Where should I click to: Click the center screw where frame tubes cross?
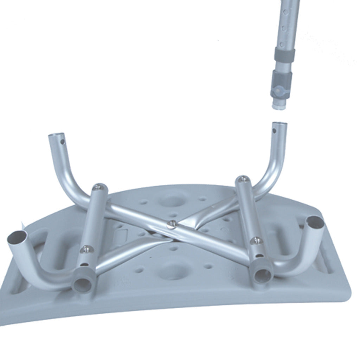[x=172, y=224]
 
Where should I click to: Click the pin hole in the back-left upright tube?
[x=63, y=143]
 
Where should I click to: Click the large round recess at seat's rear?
[x=171, y=201]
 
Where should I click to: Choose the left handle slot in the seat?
[x=53, y=246]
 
